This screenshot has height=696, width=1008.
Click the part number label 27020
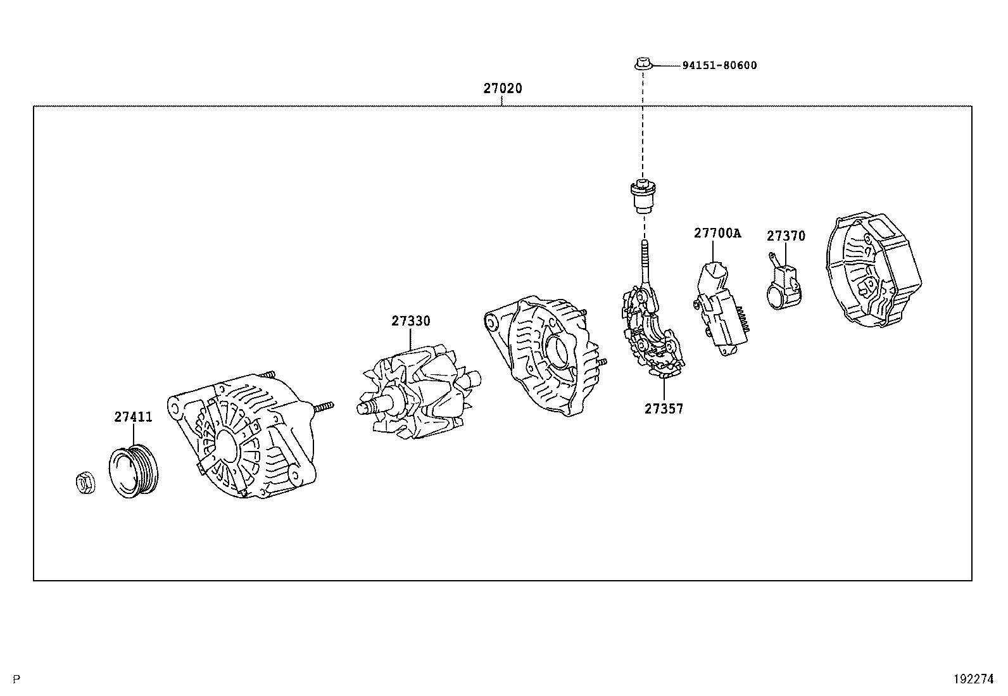[x=503, y=89]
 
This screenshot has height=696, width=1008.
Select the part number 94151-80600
[x=719, y=65]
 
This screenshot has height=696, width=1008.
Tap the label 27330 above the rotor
[x=410, y=321]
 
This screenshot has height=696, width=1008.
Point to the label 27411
[x=134, y=417]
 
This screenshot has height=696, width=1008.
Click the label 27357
[x=664, y=409]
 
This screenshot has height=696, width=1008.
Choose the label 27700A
[x=717, y=233]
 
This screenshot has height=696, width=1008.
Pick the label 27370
[x=786, y=236]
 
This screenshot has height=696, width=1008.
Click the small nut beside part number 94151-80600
[x=642, y=63]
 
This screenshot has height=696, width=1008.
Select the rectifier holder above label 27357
[x=653, y=332]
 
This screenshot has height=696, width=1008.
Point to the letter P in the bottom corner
[x=17, y=680]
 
